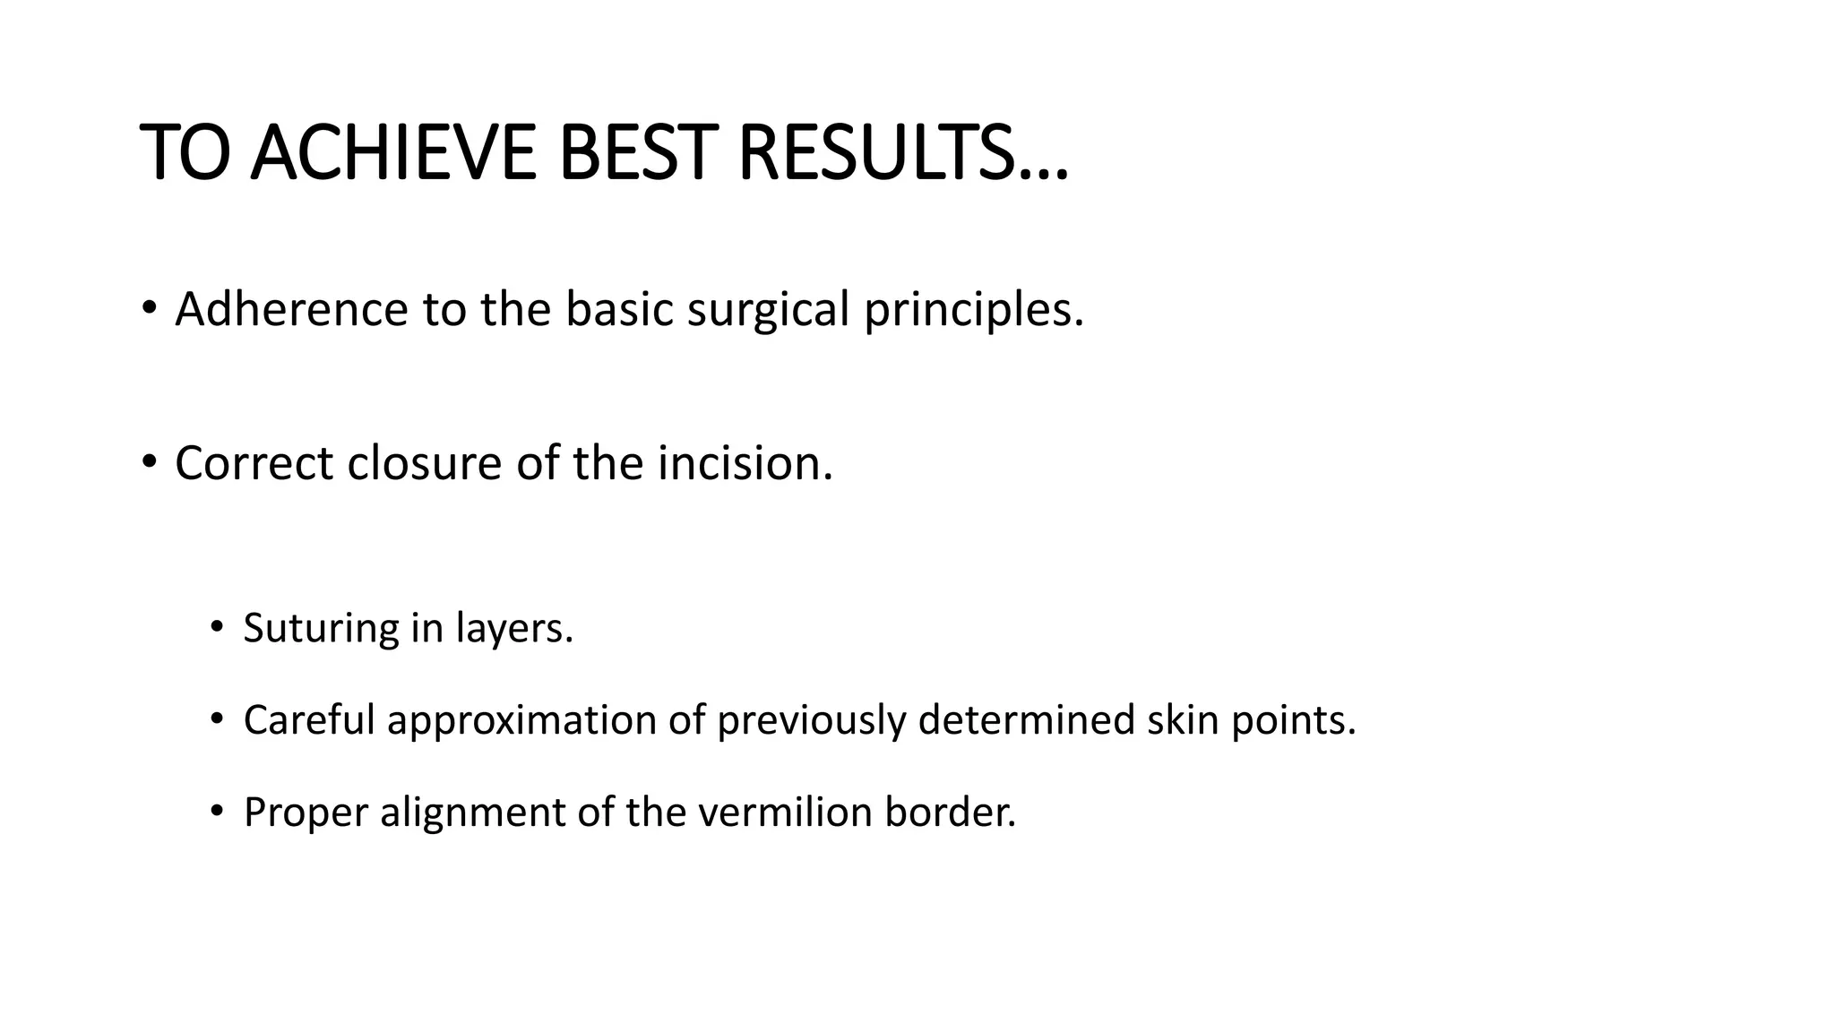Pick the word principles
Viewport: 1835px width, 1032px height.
tap(974, 311)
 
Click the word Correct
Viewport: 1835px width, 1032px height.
tap(254, 463)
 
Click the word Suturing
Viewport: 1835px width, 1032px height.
tap(321, 629)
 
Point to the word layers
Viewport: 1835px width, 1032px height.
tap(514, 629)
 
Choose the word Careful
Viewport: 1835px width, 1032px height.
tap(308, 720)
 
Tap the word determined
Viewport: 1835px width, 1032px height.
tap(1027, 720)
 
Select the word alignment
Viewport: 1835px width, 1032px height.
tap(472, 813)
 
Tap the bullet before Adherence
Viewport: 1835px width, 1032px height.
tap(149, 309)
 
